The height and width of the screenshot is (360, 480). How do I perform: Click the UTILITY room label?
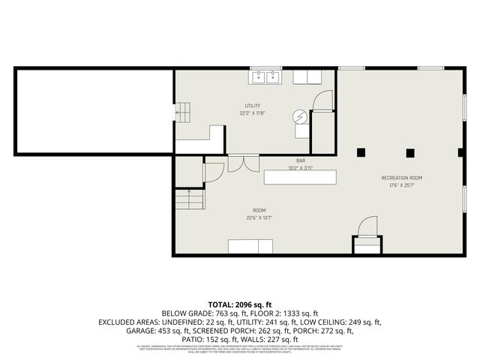point(252,106)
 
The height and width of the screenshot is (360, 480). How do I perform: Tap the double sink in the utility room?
point(265,76)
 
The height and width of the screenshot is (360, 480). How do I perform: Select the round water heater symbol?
point(301,118)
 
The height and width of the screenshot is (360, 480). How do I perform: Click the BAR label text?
point(300,160)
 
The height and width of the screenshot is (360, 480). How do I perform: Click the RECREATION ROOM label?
point(401,178)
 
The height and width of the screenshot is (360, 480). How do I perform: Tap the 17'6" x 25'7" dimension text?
point(401,185)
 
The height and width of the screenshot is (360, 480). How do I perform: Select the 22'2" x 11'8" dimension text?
point(252,114)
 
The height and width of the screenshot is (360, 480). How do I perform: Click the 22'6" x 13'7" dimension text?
point(259,218)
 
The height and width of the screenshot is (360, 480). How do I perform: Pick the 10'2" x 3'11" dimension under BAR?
point(300,168)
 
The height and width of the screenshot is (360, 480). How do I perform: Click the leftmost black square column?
point(361,152)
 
